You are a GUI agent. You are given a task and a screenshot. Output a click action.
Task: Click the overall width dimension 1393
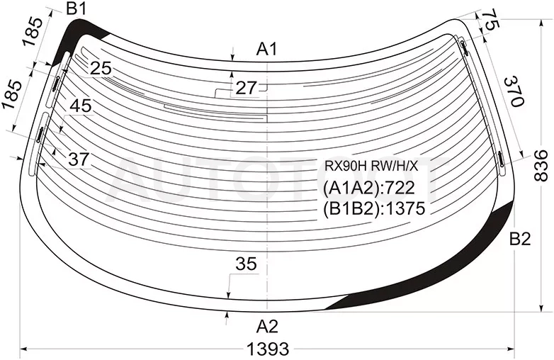(x=268, y=349)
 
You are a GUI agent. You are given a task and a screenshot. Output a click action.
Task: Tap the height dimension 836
(x=541, y=166)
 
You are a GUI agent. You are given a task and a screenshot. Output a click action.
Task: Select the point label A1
(x=268, y=49)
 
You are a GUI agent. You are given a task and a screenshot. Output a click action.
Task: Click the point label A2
(x=268, y=327)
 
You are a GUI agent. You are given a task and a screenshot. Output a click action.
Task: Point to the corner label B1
(x=77, y=9)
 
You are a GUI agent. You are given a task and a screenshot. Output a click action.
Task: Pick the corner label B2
(x=520, y=240)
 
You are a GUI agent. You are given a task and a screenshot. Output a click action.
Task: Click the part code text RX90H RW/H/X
(x=371, y=166)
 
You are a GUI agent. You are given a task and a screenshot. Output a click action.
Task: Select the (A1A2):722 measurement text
(x=369, y=188)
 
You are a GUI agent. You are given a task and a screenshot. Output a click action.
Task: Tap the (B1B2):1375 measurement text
(x=374, y=209)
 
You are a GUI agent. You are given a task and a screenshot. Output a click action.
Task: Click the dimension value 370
(x=513, y=91)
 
